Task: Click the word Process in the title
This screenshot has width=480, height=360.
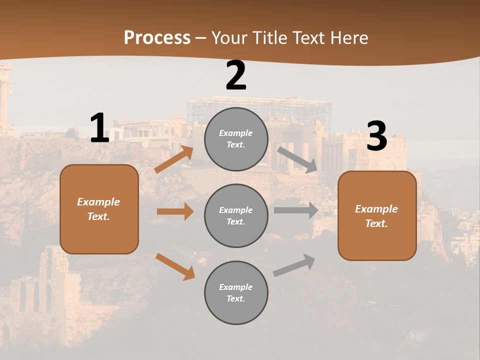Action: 157,38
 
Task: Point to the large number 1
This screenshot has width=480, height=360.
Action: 99,128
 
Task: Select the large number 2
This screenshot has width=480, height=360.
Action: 236,76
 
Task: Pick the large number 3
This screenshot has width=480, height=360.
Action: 376,137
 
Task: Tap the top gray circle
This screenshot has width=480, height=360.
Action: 236,139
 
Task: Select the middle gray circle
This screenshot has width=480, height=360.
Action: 236,215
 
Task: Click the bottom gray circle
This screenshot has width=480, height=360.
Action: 236,292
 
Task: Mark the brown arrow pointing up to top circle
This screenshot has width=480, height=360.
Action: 174,159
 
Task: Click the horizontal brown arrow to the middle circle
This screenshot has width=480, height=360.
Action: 175,211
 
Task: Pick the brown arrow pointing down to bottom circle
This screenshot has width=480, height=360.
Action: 175,266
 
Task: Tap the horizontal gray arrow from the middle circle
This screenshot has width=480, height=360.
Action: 295,210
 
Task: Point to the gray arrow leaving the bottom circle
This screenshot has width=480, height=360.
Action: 294,265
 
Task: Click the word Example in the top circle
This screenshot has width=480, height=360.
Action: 236,133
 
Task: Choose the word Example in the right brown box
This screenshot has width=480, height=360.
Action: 376,209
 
